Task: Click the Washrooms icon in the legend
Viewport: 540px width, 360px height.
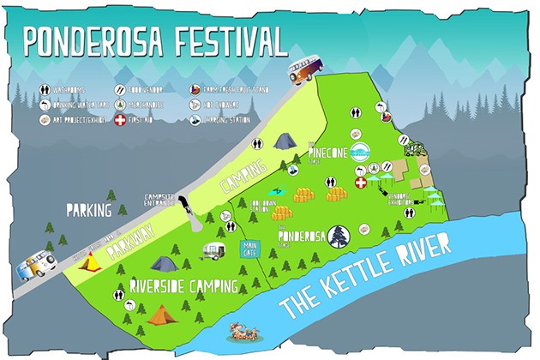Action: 44,87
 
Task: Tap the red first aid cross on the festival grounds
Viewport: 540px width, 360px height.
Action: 361,183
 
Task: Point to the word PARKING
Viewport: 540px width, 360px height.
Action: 91,208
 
